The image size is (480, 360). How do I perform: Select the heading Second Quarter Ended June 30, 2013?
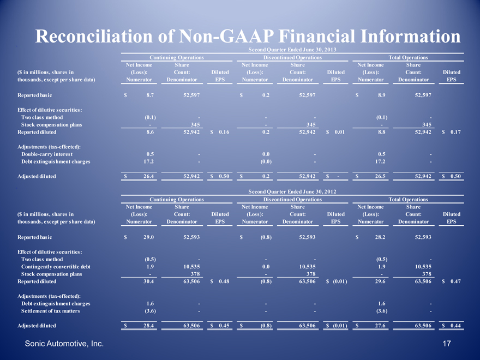[x=292, y=50]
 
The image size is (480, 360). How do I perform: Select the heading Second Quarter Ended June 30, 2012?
[x=292, y=191]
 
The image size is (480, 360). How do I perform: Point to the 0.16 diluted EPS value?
[x=224, y=132]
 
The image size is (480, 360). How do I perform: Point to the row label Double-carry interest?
[x=47, y=154]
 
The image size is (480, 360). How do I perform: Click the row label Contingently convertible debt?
[x=56, y=266]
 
